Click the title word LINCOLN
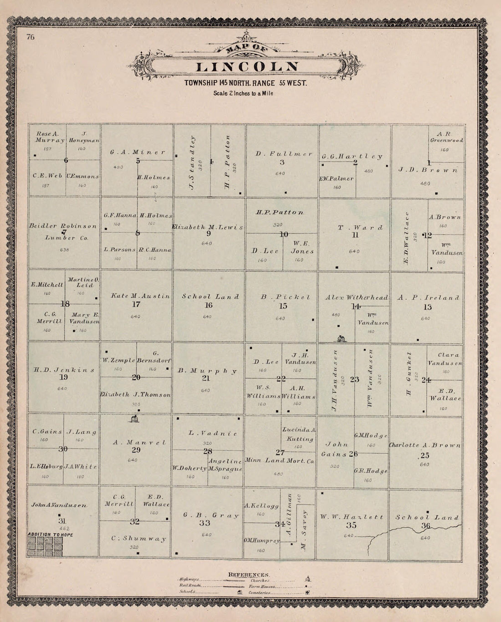point(247,66)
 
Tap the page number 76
point(31,37)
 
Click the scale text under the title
point(243,93)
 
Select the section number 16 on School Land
point(208,305)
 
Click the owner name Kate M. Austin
point(140,296)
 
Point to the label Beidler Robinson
point(63,226)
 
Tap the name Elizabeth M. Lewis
point(208,227)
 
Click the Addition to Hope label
point(50,535)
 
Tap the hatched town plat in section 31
point(45,546)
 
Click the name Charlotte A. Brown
point(424,445)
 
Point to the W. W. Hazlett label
point(351,517)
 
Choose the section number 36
point(425,525)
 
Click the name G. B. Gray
point(211,515)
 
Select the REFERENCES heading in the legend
point(249,574)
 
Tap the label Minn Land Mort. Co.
point(279,460)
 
